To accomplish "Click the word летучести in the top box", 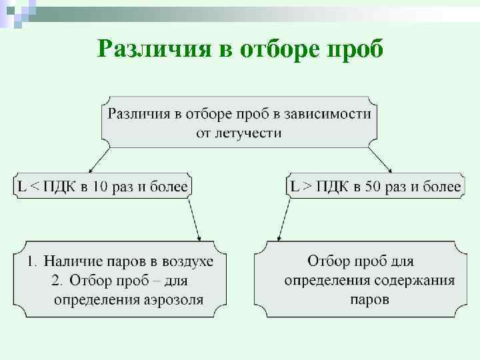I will click(x=239, y=133).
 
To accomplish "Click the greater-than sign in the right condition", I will click(x=307, y=187).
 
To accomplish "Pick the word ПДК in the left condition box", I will click(x=59, y=187).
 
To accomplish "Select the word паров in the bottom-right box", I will click(x=369, y=299).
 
